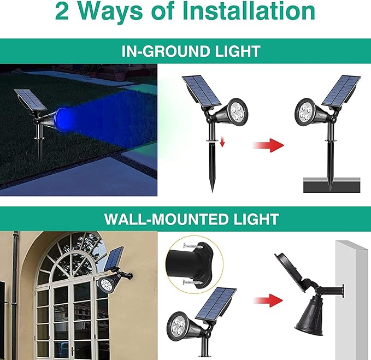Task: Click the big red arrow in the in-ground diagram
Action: [269, 146]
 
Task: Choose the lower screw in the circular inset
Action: [191, 282]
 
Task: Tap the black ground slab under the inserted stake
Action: [332, 186]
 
